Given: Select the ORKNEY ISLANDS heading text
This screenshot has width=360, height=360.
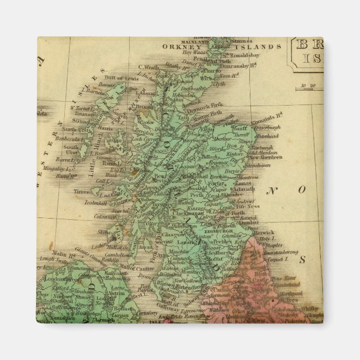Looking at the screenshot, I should [x=222, y=47].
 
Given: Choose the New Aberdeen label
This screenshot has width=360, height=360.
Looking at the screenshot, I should [x=265, y=157].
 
